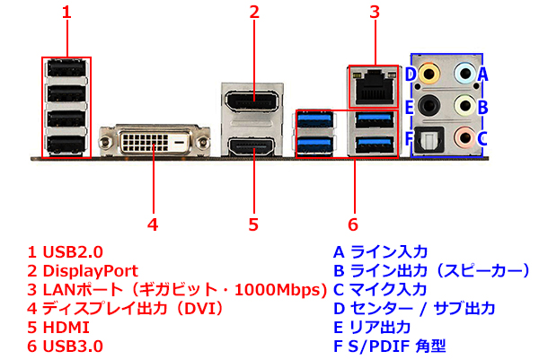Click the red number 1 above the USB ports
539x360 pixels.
point(66,13)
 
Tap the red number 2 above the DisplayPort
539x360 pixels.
point(254,13)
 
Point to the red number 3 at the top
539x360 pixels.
point(375,13)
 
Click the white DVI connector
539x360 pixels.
point(154,141)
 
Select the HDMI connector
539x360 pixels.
point(254,148)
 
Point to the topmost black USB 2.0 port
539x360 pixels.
point(66,69)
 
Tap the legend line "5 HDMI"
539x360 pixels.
point(60,327)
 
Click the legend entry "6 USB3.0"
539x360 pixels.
point(66,346)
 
